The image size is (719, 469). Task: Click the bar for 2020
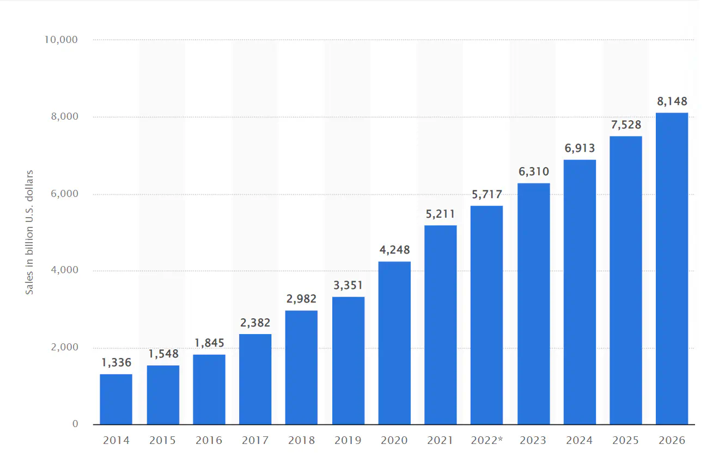pos(394,343)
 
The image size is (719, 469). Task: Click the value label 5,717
pos(486,194)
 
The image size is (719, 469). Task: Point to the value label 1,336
pos(116,363)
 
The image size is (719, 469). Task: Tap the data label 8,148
pos(672,101)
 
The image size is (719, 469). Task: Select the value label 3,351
pos(348,285)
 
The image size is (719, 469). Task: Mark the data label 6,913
pos(580,148)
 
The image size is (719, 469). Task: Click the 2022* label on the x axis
pos(486,440)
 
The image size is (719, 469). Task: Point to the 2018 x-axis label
pos(301,440)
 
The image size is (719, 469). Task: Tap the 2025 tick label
pos(625,440)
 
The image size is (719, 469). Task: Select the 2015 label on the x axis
pos(162,440)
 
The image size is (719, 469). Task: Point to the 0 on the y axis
pos(75,424)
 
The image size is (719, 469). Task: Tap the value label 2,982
pos(301,299)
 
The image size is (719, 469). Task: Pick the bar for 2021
pos(441,325)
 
